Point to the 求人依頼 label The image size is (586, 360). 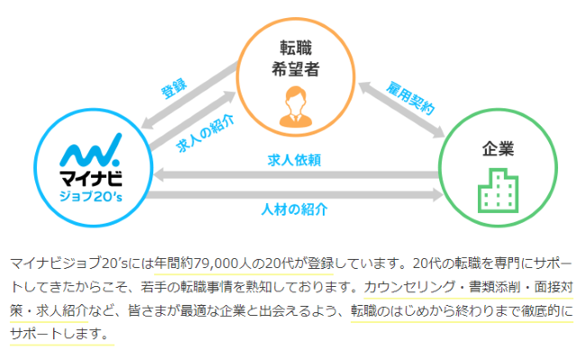pyautogui.click(x=296, y=159)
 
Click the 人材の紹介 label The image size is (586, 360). pyautogui.click(x=295, y=208)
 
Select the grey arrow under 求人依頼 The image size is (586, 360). pyautogui.click(x=296, y=173)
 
